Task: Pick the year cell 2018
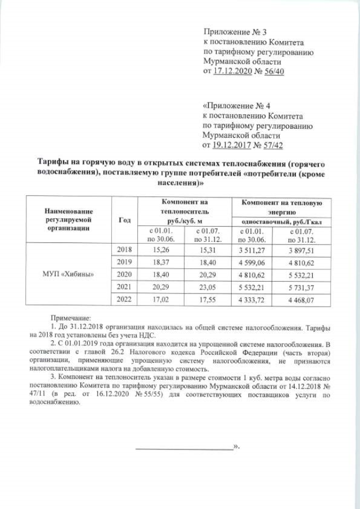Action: [x=123, y=249]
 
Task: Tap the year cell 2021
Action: [x=123, y=287]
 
